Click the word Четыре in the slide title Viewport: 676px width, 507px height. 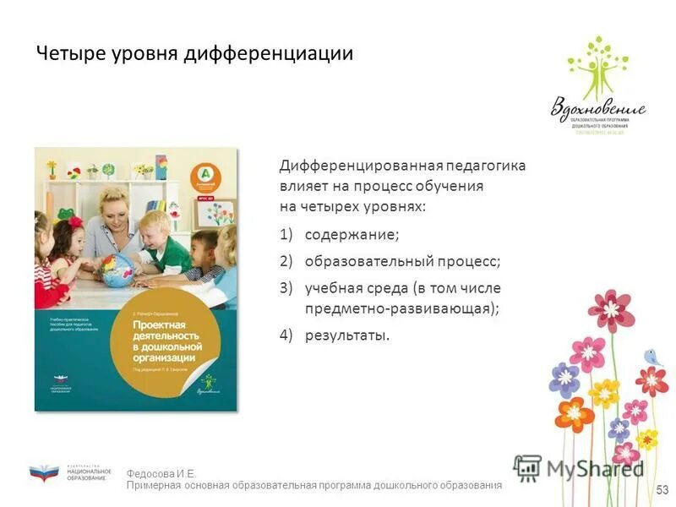71,54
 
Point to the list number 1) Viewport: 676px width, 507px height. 286,234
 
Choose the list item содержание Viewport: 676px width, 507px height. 352,234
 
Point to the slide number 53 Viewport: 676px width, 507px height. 662,490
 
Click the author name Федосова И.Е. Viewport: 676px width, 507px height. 161,474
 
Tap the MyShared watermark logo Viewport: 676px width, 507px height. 579,467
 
